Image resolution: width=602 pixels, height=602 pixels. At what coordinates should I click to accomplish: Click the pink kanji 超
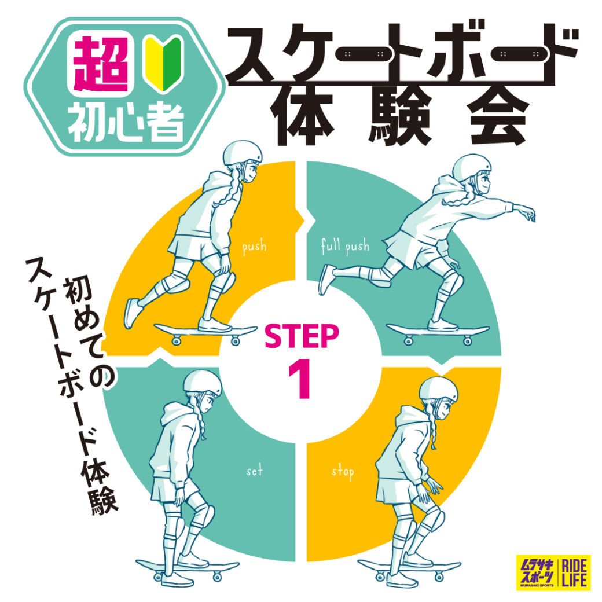101,64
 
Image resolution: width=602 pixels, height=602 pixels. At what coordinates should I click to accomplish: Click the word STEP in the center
302,336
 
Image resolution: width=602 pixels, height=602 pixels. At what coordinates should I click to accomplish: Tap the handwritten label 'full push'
345,245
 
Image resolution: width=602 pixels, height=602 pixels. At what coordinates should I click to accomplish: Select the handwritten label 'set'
255,470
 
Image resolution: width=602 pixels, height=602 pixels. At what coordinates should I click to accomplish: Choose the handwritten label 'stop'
343,472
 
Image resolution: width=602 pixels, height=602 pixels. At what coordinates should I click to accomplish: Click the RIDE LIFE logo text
574,572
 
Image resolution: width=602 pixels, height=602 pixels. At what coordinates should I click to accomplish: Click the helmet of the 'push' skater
243,153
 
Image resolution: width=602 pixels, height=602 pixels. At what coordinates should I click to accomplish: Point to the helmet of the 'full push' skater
471,167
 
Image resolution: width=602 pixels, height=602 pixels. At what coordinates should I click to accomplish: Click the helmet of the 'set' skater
203,383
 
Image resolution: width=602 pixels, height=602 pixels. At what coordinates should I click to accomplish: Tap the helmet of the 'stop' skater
438,389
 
